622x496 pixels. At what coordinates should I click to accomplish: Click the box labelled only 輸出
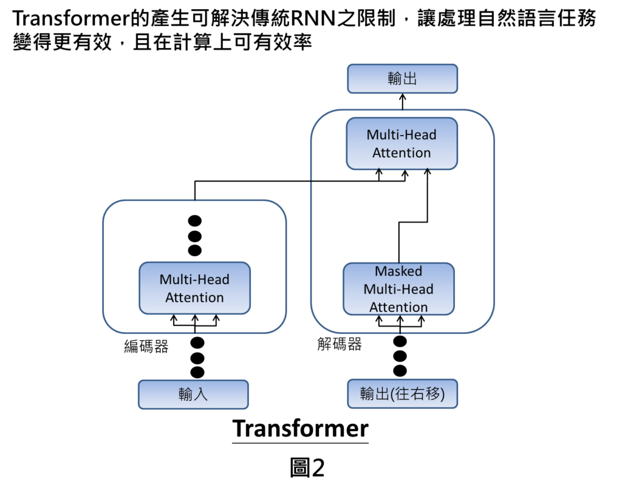click(x=402, y=79)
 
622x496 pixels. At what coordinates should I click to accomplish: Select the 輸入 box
click(x=193, y=395)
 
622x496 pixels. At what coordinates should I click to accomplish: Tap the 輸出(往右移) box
click(x=402, y=394)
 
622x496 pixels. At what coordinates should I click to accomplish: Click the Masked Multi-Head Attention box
click(x=398, y=288)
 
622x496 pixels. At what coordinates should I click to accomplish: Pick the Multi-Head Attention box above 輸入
click(x=194, y=288)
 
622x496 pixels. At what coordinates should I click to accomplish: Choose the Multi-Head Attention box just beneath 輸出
click(x=402, y=143)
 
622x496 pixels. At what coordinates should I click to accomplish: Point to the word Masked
click(x=398, y=271)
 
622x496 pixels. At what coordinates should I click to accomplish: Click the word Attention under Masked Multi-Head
click(x=398, y=307)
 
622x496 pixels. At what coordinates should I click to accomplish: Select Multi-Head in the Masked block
click(x=398, y=289)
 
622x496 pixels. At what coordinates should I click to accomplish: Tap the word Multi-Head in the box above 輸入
click(x=194, y=280)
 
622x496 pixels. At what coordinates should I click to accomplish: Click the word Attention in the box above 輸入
click(x=194, y=297)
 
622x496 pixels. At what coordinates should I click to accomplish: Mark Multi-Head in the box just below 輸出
click(x=402, y=135)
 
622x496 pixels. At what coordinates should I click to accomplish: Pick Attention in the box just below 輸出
click(x=402, y=152)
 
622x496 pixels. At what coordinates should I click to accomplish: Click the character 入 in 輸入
click(x=201, y=395)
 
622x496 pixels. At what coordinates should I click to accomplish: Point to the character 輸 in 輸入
click(x=186, y=395)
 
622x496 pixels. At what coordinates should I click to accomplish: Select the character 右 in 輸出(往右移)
click(x=419, y=394)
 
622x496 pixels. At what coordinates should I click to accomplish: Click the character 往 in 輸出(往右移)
click(x=404, y=394)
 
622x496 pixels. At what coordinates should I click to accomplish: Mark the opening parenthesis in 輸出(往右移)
click(x=393, y=394)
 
